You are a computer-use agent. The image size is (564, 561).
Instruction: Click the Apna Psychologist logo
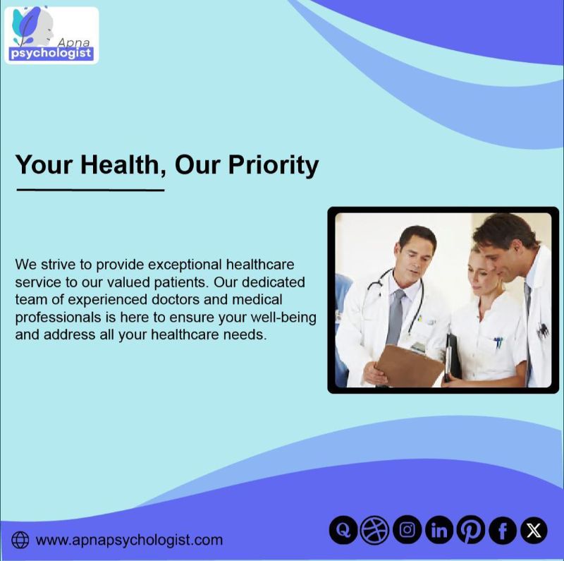point(51,35)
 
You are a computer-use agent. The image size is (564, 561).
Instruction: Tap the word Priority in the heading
point(274,166)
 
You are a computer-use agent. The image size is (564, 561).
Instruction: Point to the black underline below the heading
point(90,190)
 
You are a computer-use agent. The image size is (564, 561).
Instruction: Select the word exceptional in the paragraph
point(185,265)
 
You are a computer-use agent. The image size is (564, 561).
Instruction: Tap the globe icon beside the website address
point(20,540)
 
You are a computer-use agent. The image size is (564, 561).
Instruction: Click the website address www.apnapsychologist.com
point(129,540)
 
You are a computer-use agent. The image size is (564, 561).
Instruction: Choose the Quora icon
point(343,530)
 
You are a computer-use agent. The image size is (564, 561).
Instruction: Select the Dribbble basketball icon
point(375,530)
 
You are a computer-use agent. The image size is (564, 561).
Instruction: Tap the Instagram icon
point(407,530)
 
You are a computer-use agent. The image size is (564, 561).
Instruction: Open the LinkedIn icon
point(439,530)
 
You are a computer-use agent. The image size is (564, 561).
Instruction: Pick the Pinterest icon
point(471,530)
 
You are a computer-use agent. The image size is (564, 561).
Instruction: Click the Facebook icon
point(503,530)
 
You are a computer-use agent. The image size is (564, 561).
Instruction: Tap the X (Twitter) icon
point(534,530)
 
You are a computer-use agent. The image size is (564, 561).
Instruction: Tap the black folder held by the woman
point(452,357)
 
